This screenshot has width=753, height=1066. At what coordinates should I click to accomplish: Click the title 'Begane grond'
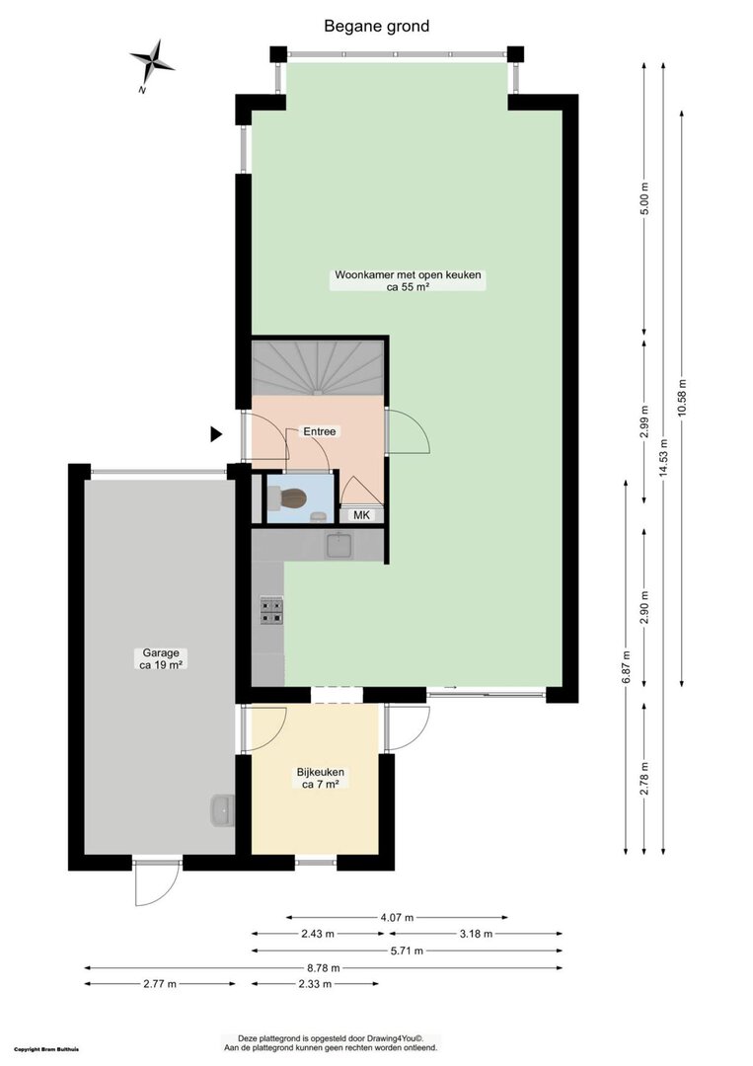coord(377,27)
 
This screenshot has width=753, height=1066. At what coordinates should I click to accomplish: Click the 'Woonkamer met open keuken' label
coord(408,275)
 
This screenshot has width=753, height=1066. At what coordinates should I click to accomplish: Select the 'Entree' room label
coord(320,431)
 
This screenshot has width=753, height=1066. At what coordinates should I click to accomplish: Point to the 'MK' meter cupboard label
coord(361,515)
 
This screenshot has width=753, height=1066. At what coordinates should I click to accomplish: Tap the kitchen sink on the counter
coord(339,545)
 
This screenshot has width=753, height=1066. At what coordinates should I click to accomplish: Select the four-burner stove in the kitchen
coord(271,610)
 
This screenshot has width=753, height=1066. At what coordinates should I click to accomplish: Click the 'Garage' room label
coord(161,652)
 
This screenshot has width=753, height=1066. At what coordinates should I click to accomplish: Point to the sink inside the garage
coord(222,809)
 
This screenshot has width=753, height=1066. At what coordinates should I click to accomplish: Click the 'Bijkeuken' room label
coord(320,772)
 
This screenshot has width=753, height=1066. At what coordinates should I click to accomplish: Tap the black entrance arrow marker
coord(216,433)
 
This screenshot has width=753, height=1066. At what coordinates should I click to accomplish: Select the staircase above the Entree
coord(318,368)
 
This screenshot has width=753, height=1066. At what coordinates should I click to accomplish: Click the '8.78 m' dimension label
coord(323,967)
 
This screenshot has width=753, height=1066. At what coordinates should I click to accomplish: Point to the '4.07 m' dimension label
coord(397,917)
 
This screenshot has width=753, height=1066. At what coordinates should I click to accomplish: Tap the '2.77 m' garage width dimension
coord(160,984)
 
